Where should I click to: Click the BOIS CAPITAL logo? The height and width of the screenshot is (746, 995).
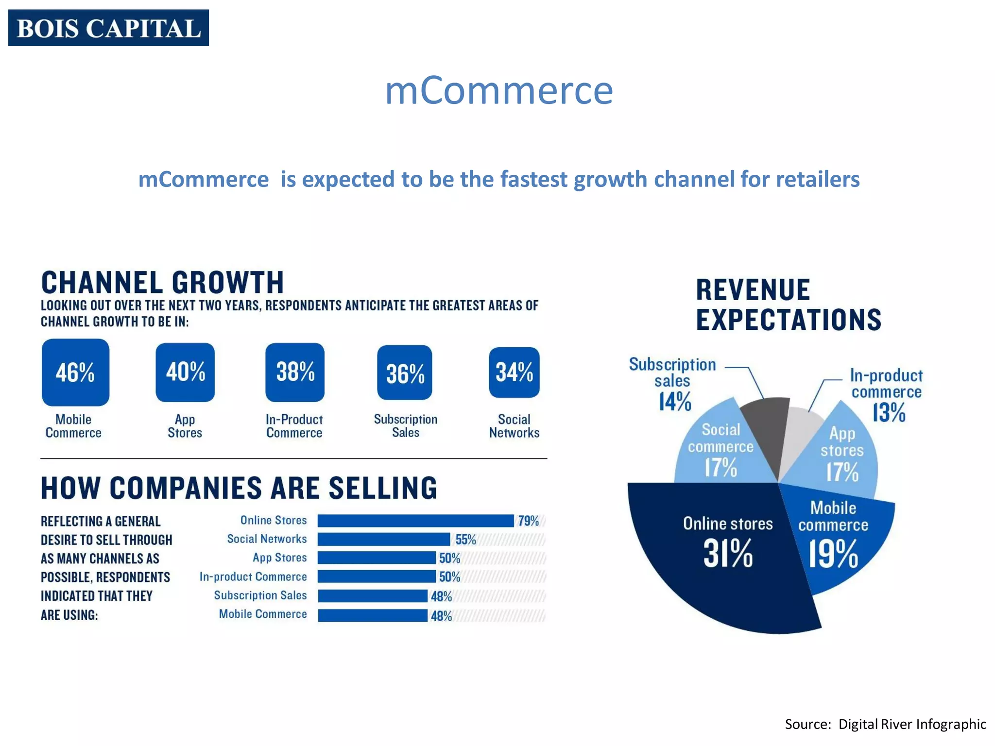click(x=108, y=28)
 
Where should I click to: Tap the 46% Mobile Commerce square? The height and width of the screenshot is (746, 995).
click(x=75, y=373)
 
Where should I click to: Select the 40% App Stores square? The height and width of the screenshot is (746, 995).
click(x=185, y=373)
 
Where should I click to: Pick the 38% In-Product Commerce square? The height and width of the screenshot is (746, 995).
click(x=295, y=373)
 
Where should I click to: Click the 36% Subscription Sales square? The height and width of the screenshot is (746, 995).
click(x=405, y=373)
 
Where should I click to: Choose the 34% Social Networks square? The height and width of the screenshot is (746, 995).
click(x=514, y=373)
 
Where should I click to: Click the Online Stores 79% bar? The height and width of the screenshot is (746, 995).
click(x=415, y=521)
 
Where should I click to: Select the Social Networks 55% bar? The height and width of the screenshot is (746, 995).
click(x=384, y=539)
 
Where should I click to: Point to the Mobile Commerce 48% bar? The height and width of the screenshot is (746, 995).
click(x=373, y=616)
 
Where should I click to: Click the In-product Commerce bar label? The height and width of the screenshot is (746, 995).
click(x=253, y=576)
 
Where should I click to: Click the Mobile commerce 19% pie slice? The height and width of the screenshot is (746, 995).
click(x=841, y=539)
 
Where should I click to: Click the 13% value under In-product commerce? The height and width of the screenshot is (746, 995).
click(x=889, y=413)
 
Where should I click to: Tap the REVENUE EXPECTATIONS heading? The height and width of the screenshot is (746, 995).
click(x=788, y=305)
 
